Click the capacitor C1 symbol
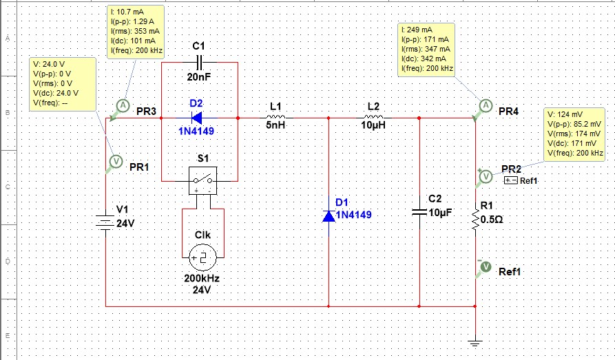point(199,63)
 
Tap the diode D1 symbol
point(329,215)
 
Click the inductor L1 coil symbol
point(275,118)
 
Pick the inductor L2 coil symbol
point(373,118)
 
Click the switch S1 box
point(203,180)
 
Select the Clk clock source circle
point(203,259)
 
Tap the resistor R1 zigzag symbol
point(475,220)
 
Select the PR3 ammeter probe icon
point(122,105)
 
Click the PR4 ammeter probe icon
point(486,105)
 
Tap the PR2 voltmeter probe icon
point(486,176)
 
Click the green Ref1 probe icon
point(484,266)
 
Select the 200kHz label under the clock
point(202,279)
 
